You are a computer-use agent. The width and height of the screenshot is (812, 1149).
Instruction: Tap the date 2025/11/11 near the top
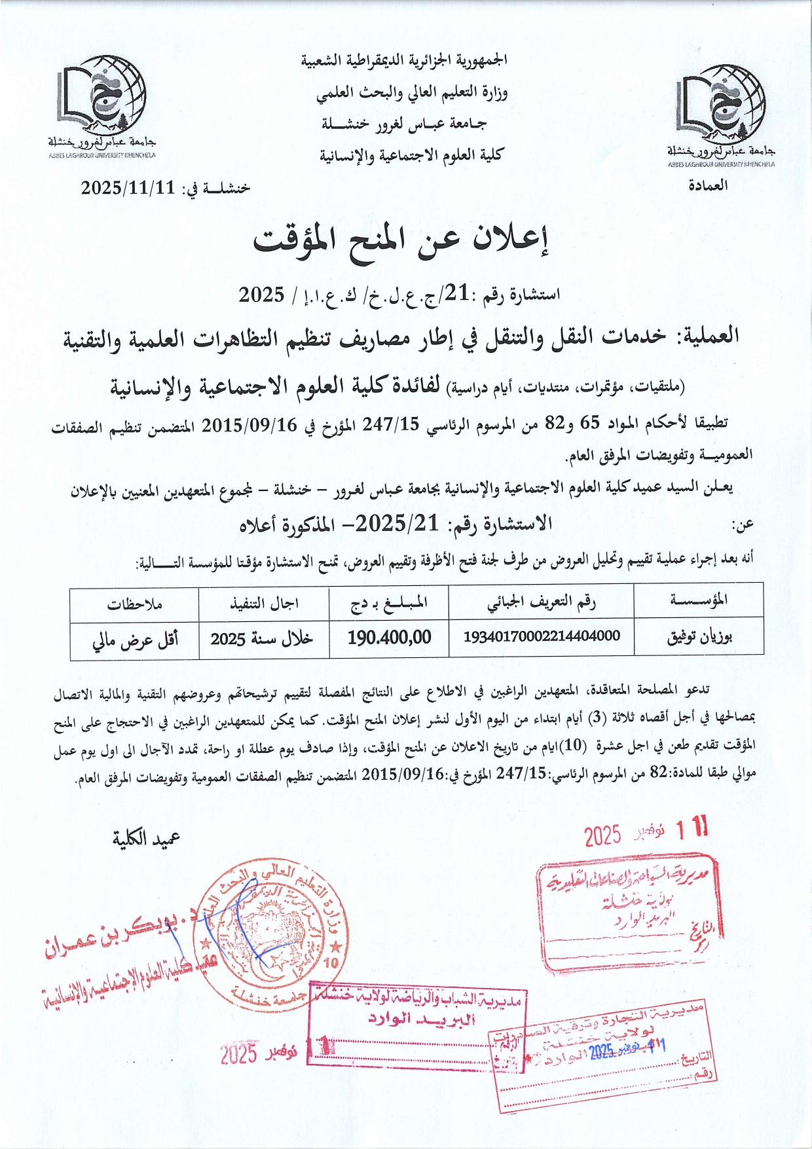pyautogui.click(x=128, y=188)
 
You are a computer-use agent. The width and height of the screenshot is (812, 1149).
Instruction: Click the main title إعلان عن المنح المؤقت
pyautogui.click(x=401, y=241)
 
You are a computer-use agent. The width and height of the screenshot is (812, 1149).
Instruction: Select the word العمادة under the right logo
pyautogui.click(x=708, y=185)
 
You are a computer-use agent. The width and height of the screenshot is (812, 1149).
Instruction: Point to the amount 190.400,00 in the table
pyautogui.click(x=389, y=636)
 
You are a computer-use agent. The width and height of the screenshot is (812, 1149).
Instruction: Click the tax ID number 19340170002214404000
pyautogui.click(x=541, y=636)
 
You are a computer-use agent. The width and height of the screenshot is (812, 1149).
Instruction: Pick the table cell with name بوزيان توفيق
pyautogui.click(x=699, y=636)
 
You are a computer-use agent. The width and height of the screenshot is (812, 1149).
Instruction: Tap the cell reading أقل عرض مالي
pyautogui.click(x=135, y=639)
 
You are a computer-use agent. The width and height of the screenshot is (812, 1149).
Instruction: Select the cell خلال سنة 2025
pyautogui.click(x=261, y=638)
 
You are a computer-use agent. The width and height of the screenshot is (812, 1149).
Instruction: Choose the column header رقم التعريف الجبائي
pyautogui.click(x=541, y=602)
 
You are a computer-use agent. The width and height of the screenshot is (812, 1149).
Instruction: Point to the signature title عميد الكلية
pyautogui.click(x=147, y=839)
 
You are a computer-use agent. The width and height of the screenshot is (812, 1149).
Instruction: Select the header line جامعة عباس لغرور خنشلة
pyautogui.click(x=404, y=123)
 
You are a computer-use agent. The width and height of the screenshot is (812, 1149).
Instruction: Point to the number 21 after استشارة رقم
pyautogui.click(x=458, y=295)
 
